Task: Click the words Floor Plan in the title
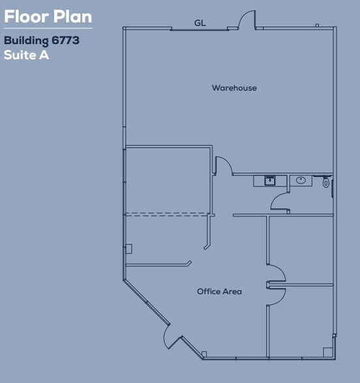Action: coord(48,16)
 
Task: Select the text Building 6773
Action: coord(41,40)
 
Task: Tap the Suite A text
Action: coord(26,55)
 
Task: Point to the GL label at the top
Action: coord(200,23)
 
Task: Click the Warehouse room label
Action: coord(233,88)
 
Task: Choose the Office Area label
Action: coord(219,291)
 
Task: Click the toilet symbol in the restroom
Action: coord(325,183)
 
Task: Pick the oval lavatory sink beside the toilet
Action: coord(301,180)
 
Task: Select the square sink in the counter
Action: coord(269,180)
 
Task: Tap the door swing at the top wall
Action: coord(247,20)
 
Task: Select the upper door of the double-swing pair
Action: coord(275,272)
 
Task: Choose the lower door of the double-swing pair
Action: coord(275,295)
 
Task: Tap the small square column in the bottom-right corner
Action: coord(327,352)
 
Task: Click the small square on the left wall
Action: coord(128,248)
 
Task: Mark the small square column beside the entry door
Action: coord(204,355)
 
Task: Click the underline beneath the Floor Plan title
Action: coord(48,28)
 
